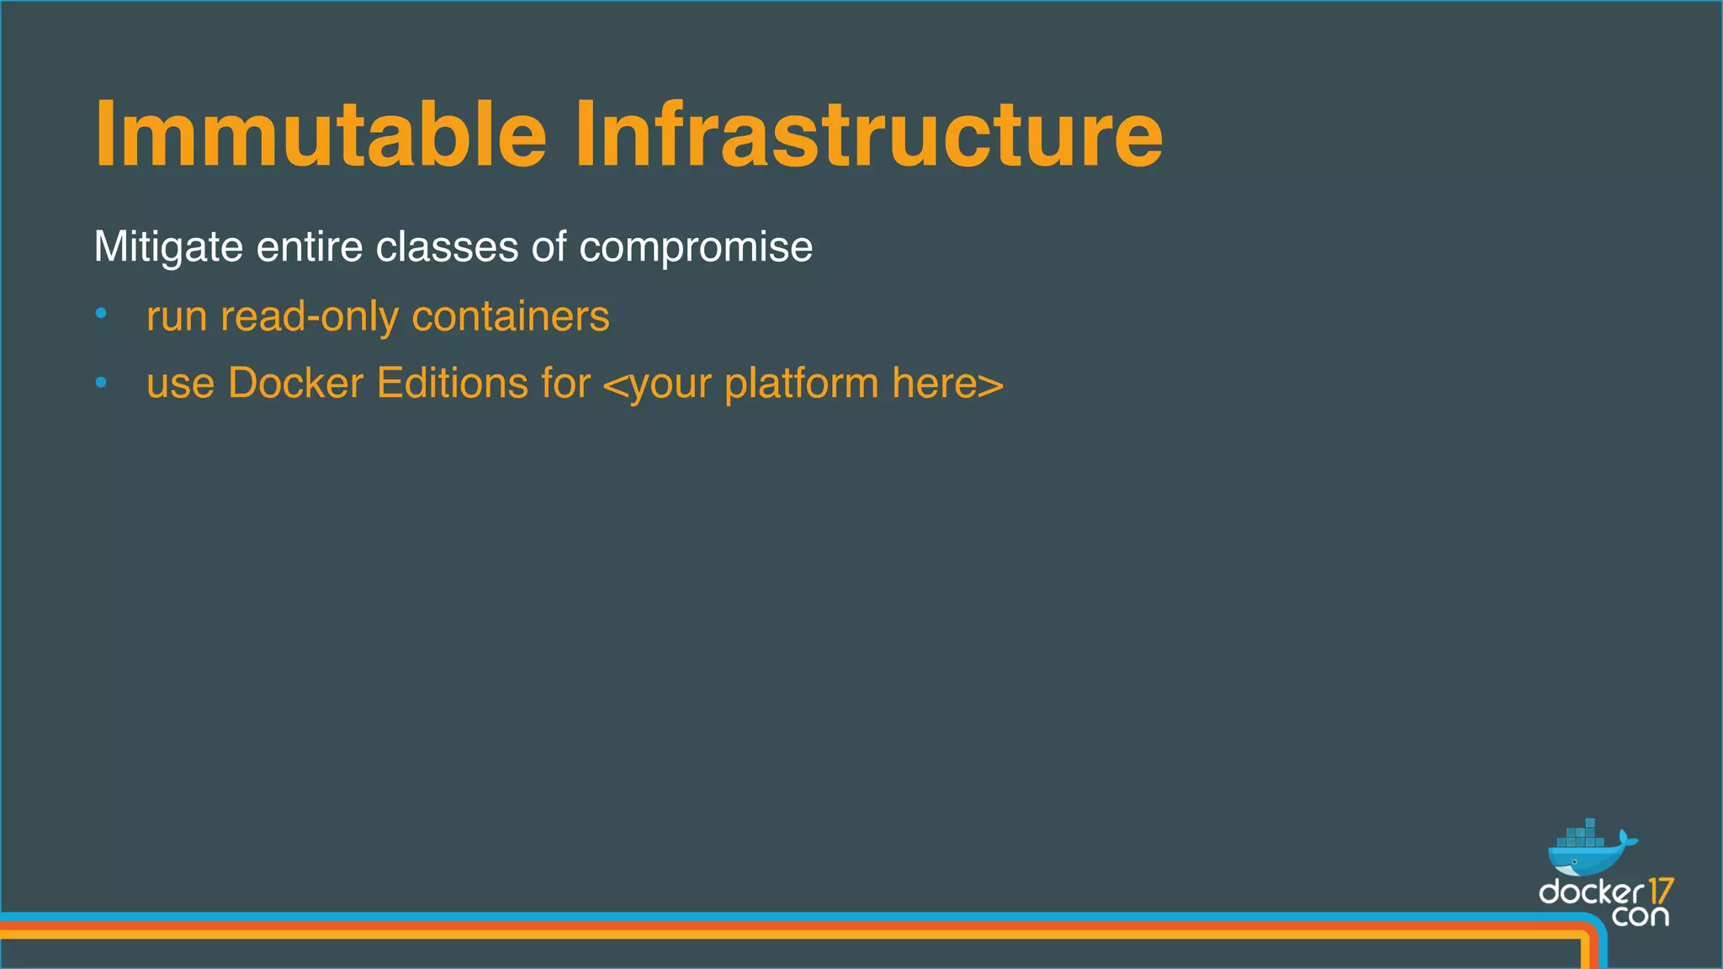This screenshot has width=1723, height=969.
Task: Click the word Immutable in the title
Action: coord(320,135)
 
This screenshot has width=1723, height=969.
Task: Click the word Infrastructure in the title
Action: coord(868,135)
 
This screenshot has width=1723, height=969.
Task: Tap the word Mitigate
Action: coord(168,247)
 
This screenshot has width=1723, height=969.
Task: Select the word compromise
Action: coord(696,247)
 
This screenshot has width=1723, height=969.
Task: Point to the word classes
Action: coord(447,247)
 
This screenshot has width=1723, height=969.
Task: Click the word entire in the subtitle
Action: coord(310,247)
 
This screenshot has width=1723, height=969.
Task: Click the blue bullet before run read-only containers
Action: coord(101,315)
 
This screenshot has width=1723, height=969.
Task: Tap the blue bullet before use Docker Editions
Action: coord(101,383)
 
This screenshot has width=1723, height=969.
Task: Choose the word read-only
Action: coord(310,316)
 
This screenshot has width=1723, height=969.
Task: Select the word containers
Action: coord(511,316)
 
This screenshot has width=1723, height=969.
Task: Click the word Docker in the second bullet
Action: coord(295,384)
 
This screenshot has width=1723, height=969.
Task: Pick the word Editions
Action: coord(452,384)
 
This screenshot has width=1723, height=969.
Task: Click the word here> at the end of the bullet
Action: coord(947,384)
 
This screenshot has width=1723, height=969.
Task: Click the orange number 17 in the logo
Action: coord(1660,891)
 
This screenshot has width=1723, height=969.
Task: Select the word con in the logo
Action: coord(1640,915)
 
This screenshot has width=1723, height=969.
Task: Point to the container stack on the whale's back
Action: coord(1582,835)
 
